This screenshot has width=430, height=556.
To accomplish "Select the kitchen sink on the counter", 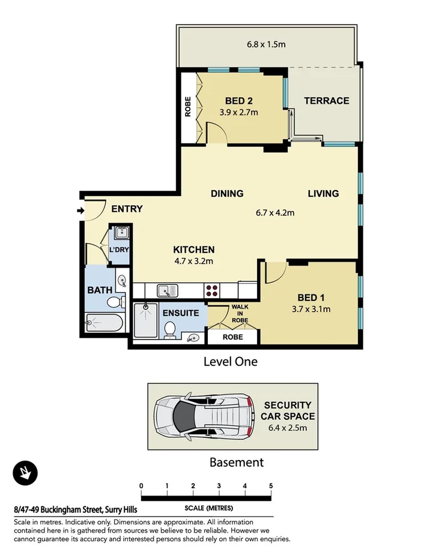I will [168, 291].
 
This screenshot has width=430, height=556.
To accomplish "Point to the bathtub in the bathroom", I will [104, 324].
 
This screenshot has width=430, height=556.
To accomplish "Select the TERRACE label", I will [326, 101].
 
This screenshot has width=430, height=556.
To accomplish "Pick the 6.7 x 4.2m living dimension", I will [276, 212].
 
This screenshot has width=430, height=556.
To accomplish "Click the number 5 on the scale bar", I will [271, 486].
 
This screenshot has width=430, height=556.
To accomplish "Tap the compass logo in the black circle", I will [25, 473].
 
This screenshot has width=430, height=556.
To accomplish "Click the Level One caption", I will [230, 362].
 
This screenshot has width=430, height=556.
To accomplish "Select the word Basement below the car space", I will [236, 462].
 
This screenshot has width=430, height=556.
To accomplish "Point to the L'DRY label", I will [118, 250].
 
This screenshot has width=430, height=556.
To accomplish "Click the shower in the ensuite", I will [145, 321].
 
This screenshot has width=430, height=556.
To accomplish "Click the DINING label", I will [226, 194].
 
